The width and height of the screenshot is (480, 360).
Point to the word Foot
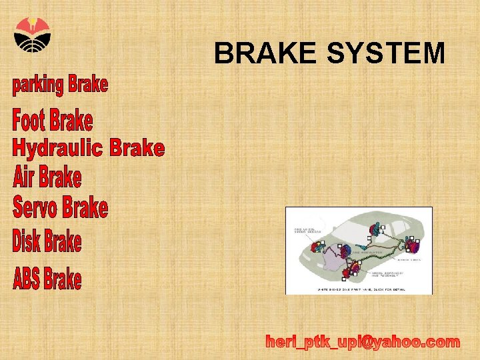[x=30, y=121]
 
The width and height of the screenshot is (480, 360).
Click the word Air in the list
[x=24, y=178]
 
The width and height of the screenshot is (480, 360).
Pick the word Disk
[x=27, y=241]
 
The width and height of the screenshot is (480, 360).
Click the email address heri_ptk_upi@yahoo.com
[x=363, y=342]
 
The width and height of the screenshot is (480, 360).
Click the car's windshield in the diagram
[x=347, y=230]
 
